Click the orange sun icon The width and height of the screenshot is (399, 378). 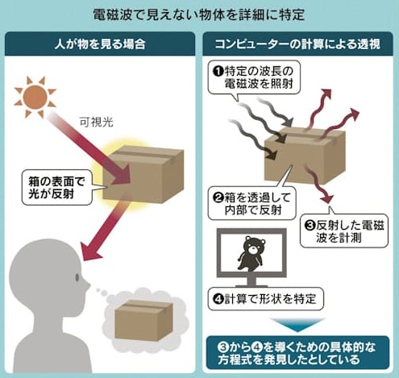tap(35, 97)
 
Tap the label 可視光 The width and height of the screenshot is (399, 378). tap(96, 123)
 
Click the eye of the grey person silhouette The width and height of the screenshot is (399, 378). tap(77, 277)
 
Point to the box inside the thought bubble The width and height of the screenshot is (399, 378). tap(143, 320)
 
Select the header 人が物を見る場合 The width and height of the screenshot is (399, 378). tap(100, 44)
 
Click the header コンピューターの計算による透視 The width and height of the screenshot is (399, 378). tap(297, 44)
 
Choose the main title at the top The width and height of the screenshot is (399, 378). tap(199, 15)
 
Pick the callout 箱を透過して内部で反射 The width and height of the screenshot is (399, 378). tap(252, 204)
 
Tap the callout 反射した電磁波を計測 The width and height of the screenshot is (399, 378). tap(344, 231)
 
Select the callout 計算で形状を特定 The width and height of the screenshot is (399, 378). tap(266, 299)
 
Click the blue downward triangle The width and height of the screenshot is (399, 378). tap(297, 324)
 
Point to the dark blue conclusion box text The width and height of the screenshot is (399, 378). tap(297, 353)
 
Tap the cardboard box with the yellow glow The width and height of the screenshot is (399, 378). tap(143, 174)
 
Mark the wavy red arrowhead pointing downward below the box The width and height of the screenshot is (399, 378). tap(327, 198)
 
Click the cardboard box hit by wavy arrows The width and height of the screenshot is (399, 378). tap(305, 155)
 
